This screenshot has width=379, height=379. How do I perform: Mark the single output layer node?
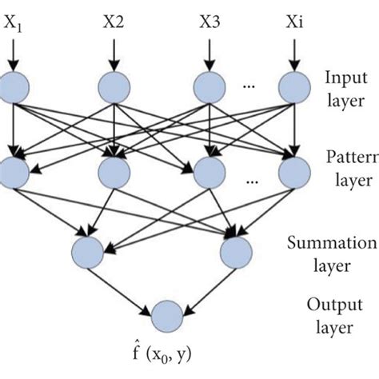166,314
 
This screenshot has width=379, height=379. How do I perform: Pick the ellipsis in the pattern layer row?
252,180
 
